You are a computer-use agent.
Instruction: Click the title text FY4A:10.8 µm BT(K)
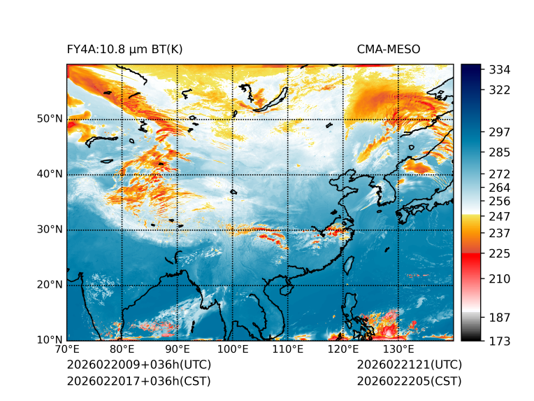124,49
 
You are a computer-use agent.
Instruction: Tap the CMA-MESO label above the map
389,49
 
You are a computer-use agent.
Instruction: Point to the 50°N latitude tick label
50,119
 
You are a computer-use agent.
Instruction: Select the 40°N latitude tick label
50,174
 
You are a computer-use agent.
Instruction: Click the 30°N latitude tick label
50,230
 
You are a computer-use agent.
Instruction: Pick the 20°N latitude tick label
50,285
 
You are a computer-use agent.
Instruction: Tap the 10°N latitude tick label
50,341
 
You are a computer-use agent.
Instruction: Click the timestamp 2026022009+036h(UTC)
138,365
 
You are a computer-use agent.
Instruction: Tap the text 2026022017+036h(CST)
138,381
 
